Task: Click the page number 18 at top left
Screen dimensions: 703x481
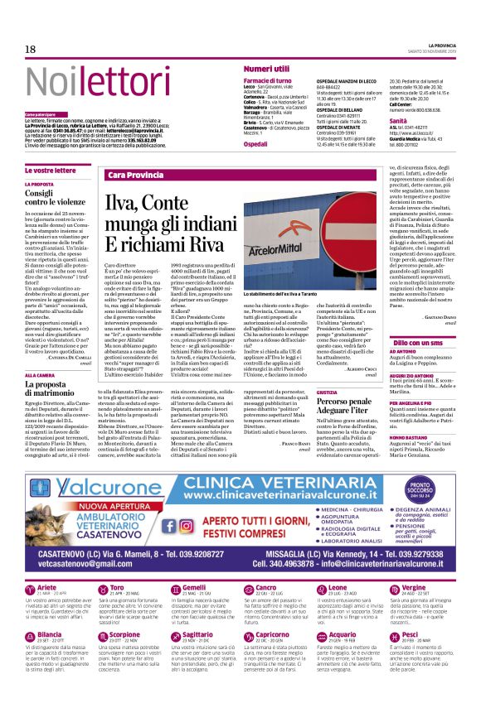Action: [30, 50]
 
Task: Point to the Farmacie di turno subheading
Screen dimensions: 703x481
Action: [267, 81]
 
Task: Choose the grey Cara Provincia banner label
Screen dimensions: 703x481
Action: [135, 176]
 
